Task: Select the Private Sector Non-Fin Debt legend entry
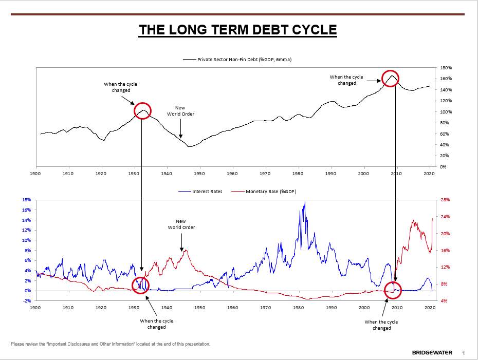tap(237, 60)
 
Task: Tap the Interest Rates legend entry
tap(200, 192)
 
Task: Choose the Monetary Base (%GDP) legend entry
tap(264, 192)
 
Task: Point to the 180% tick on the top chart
tap(446, 68)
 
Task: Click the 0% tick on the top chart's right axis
tap(443, 166)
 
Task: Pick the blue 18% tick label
tap(27, 200)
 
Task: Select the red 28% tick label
tap(446, 200)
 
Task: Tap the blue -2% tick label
tap(27, 300)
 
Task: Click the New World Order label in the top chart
tap(180, 111)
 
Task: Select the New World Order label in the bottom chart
tap(181, 224)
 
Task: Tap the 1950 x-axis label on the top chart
tap(199, 174)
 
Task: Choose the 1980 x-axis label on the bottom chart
tap(299, 308)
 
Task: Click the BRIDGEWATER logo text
tap(432, 353)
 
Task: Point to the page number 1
tap(464, 353)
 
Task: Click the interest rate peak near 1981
tap(305, 203)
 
